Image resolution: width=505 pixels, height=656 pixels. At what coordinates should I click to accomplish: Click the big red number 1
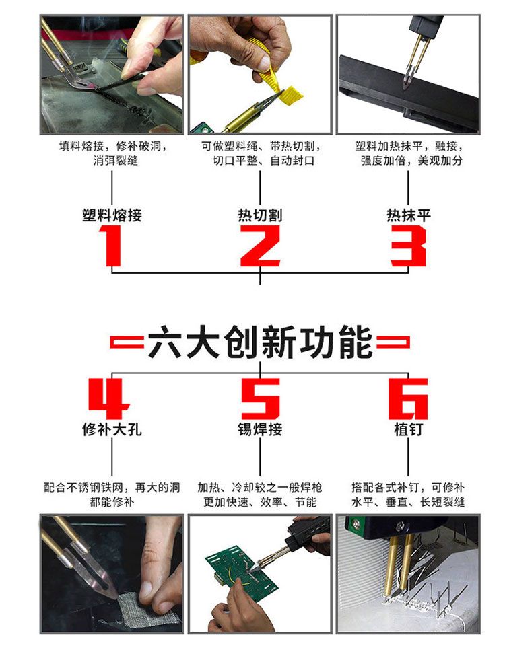[111, 246]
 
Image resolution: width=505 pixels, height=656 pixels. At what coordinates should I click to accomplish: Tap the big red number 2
[260, 246]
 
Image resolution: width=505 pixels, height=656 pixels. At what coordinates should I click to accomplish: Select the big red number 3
[408, 246]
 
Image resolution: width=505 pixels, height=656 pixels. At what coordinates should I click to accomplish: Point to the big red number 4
[108, 398]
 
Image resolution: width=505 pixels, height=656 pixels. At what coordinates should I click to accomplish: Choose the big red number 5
[260, 398]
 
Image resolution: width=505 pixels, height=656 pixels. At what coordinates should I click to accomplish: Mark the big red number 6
[408, 398]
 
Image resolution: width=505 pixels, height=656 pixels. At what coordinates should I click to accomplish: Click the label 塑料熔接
[112, 215]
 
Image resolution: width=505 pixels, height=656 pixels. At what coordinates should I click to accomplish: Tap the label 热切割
[260, 215]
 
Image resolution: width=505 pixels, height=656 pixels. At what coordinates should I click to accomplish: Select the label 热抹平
[408, 215]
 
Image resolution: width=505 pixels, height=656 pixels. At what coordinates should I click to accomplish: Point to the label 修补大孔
[112, 429]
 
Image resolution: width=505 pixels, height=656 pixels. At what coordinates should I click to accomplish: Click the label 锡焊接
[260, 429]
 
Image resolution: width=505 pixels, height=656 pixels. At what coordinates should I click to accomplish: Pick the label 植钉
[408, 429]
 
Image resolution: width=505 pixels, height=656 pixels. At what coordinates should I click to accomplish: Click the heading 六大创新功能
[260, 342]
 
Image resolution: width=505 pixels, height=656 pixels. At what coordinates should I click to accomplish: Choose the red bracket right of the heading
[393, 342]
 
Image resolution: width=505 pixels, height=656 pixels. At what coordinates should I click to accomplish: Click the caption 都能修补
[112, 502]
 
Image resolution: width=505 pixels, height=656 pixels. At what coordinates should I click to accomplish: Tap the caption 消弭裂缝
[115, 160]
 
